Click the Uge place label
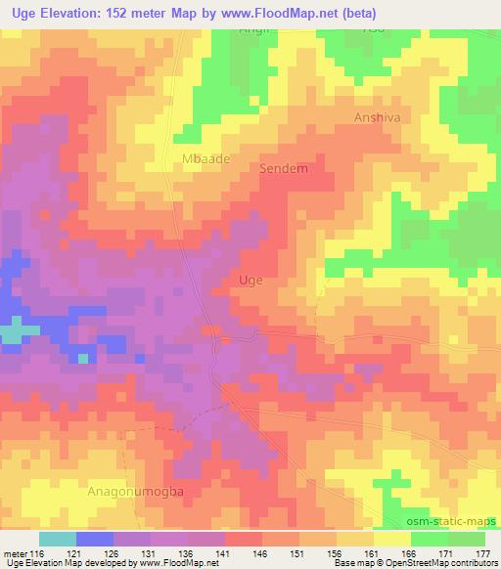coord(250,280)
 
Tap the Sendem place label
coord(284,168)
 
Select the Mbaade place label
coord(204,157)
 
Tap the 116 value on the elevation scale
coord(38,552)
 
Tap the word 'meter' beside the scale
coord(15,552)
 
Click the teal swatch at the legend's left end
coord(57,539)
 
